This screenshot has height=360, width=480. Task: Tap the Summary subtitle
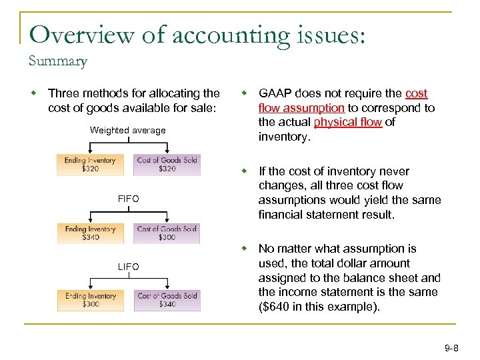tap(57, 62)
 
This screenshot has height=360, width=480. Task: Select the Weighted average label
tap(128, 131)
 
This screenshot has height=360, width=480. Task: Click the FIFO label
tap(128, 199)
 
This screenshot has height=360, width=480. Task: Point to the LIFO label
tap(128, 267)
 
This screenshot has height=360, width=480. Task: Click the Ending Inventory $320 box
tap(90, 165)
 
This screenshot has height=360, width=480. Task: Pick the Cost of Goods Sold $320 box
tap(167, 165)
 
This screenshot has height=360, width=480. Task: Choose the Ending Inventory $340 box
tap(90, 233)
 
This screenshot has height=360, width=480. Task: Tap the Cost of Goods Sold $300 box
tap(167, 233)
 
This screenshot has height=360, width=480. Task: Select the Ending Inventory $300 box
tap(90, 300)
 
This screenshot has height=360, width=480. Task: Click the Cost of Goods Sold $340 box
tap(167, 300)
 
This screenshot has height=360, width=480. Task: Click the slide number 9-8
tap(451, 348)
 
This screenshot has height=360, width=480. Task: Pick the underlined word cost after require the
tap(416, 93)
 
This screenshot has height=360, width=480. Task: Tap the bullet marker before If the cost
tap(245, 171)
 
